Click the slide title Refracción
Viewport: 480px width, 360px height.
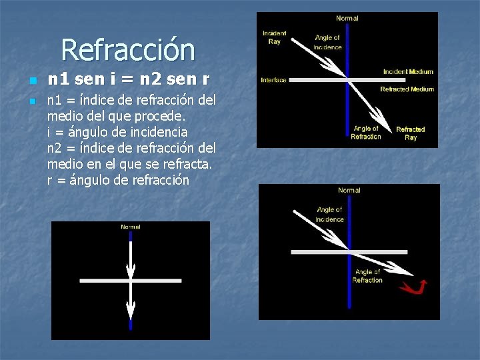click(127, 50)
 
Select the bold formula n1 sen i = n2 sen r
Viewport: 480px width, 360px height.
click(129, 79)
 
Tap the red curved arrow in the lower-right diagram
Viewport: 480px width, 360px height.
click(413, 287)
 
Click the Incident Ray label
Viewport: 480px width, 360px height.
click(274, 37)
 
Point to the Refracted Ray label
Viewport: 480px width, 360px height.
click(410, 133)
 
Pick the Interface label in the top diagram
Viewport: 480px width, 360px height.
click(273, 80)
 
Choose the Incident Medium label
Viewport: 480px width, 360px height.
click(408, 71)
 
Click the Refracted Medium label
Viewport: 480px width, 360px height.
click(407, 89)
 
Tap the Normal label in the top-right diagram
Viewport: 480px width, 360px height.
click(347, 19)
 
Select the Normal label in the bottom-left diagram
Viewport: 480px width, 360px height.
click(131, 227)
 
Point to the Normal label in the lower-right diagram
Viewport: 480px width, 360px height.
click(349, 191)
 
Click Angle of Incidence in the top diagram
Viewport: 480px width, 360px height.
click(327, 43)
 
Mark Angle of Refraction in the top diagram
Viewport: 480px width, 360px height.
click(366, 133)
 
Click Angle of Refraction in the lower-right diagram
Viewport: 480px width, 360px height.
click(367, 276)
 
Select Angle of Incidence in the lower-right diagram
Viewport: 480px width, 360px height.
click(329, 215)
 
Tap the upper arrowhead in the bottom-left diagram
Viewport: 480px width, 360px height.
click(131, 269)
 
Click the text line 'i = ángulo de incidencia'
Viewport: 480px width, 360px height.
click(117, 132)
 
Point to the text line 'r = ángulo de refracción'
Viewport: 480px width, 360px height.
click(118, 180)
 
